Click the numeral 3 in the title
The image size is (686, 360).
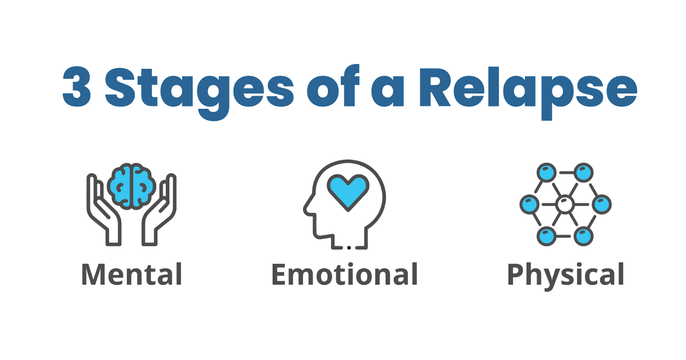coord(77,87)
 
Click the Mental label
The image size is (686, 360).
coord(132,275)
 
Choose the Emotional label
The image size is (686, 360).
coord(345,275)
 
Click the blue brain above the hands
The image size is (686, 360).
coord(132,186)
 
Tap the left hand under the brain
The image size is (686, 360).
coord(103,210)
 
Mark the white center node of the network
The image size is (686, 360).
coord(565,204)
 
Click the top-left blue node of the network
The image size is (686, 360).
coord(546,173)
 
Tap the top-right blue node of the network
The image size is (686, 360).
coord(584,173)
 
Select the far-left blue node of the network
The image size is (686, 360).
coord(529,204)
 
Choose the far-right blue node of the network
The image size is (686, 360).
coord(602,204)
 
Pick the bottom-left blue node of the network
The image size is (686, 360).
coord(546,236)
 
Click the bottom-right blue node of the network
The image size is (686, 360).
coord(584,236)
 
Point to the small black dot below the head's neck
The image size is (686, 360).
coord(349,248)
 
